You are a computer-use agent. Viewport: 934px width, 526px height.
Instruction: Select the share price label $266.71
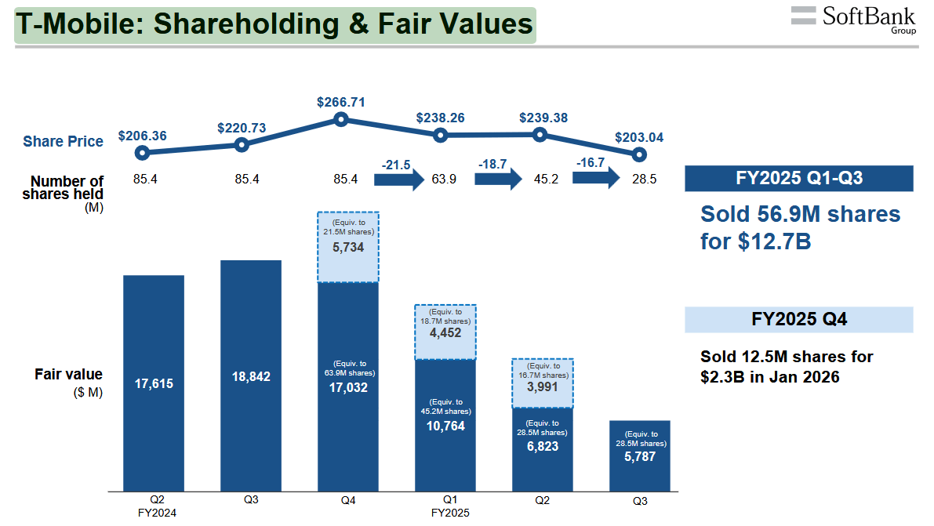[x=340, y=102]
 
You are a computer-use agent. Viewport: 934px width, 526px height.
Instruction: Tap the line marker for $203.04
[x=639, y=154]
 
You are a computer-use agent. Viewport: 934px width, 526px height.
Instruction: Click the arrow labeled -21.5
[x=399, y=179]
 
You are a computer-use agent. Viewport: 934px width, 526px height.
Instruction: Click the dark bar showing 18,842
[x=251, y=376]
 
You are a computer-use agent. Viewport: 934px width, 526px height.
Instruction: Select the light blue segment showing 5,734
[x=347, y=247]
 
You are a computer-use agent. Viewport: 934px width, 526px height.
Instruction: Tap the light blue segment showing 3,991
[x=542, y=383]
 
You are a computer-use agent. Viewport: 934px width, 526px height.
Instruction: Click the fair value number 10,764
[x=445, y=426]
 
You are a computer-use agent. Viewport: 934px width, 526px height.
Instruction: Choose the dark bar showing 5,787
[x=639, y=455]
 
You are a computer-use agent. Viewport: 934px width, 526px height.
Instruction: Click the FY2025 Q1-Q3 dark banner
[x=798, y=179]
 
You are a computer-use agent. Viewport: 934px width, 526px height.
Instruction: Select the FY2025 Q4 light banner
[x=798, y=320]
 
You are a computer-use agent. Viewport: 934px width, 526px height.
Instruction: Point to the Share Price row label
[x=63, y=142]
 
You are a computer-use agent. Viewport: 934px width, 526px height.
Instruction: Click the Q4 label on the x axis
[x=347, y=499]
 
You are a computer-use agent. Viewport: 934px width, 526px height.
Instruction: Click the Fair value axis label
[x=68, y=375]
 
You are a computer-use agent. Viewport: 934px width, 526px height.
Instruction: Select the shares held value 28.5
[x=644, y=180]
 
